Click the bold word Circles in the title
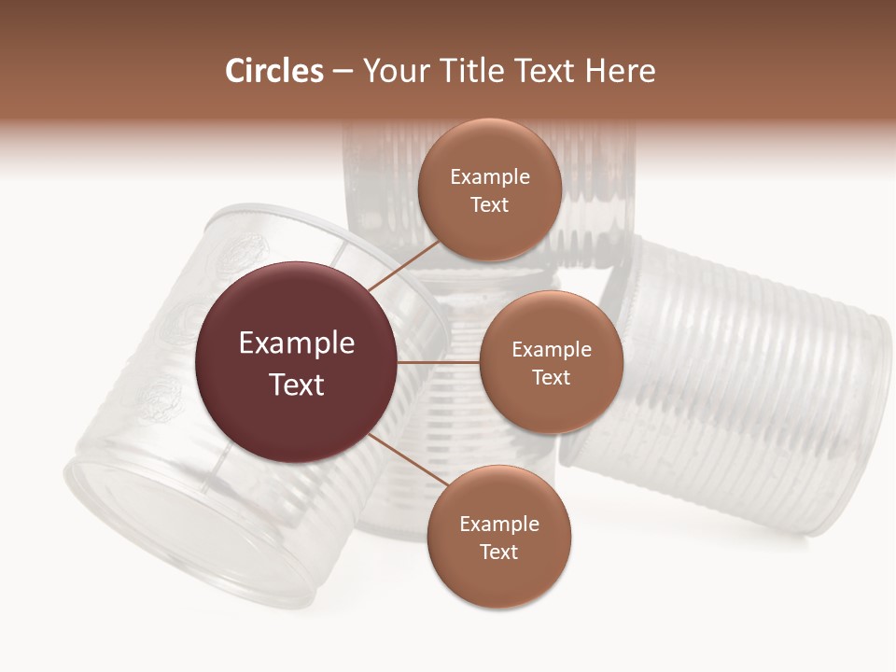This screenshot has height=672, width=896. pos(273,71)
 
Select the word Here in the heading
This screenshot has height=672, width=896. pos(620,71)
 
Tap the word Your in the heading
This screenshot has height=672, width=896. pos(392,71)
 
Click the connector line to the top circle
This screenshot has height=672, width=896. pos(403,265)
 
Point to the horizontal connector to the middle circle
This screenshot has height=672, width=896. pos(439,362)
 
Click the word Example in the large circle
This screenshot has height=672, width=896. pos(297,343)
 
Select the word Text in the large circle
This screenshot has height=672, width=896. pos(297,385)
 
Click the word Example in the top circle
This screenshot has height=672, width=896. pos(490,177)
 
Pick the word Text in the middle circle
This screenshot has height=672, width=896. pos(551,377)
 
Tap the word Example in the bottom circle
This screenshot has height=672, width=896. pos(499,525)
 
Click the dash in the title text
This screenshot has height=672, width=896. pos(343,72)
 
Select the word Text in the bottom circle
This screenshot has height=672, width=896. pos(498,553)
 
